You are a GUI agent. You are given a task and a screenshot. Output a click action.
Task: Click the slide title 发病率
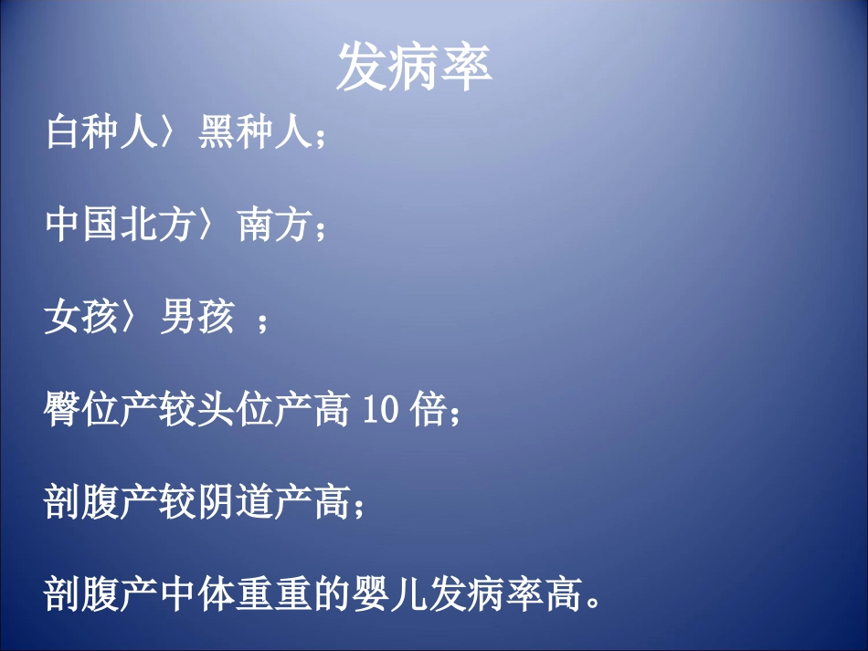(414, 68)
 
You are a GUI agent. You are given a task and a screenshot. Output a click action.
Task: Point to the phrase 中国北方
(121, 226)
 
